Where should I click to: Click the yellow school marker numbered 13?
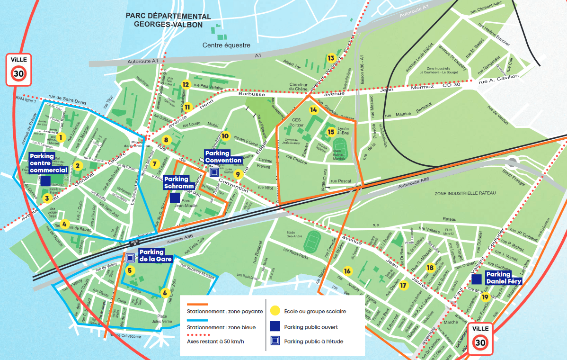click(331, 58)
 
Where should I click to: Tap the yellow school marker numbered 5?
click(130, 270)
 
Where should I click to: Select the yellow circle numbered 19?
click(485, 297)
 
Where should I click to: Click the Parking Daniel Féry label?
click(498, 278)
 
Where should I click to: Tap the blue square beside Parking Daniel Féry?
click(477, 279)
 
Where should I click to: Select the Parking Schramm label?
click(176, 183)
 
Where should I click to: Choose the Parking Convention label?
click(224, 157)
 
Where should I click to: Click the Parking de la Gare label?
click(151, 255)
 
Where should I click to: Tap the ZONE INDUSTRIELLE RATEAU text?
click(465, 194)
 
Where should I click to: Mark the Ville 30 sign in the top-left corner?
click(19, 70)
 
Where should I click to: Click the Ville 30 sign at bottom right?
click(480, 339)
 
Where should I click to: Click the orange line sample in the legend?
click(197, 305)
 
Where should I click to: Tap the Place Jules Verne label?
click(168, 319)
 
